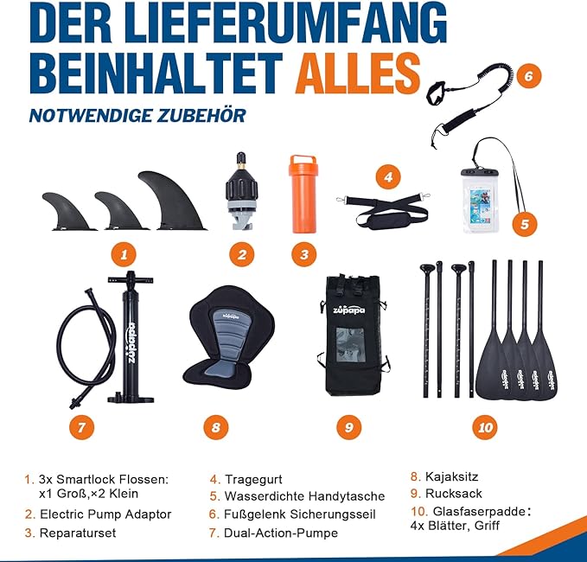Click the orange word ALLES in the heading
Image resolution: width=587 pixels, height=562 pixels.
pyautogui.click(x=359, y=73)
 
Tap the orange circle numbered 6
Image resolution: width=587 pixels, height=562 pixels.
pyautogui.click(x=528, y=76)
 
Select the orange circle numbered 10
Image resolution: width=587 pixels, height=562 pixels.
pyautogui.click(x=485, y=428)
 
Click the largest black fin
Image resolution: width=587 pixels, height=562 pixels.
pyautogui.click(x=170, y=202)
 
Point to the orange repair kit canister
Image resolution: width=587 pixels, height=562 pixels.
pyautogui.click(x=303, y=194)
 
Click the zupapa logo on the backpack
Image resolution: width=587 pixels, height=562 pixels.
pyautogui.click(x=349, y=310)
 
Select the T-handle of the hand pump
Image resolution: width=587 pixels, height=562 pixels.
pyautogui.click(x=131, y=279)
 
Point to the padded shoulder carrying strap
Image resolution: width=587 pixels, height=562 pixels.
pyautogui.click(x=382, y=210)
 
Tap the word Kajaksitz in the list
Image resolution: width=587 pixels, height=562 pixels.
pyautogui.click(x=451, y=476)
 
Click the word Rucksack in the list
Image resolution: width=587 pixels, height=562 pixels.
pyautogui.click(x=453, y=494)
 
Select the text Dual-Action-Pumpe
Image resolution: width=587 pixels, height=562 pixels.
pyautogui.click(x=281, y=533)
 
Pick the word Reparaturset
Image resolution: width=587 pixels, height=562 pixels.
pyautogui.click(x=78, y=533)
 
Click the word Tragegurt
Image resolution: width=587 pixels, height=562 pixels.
pyautogui.click(x=253, y=479)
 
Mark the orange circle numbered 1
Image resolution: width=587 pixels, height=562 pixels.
pyautogui.click(x=124, y=254)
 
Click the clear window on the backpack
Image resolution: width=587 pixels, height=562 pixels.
pyautogui.click(x=350, y=345)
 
